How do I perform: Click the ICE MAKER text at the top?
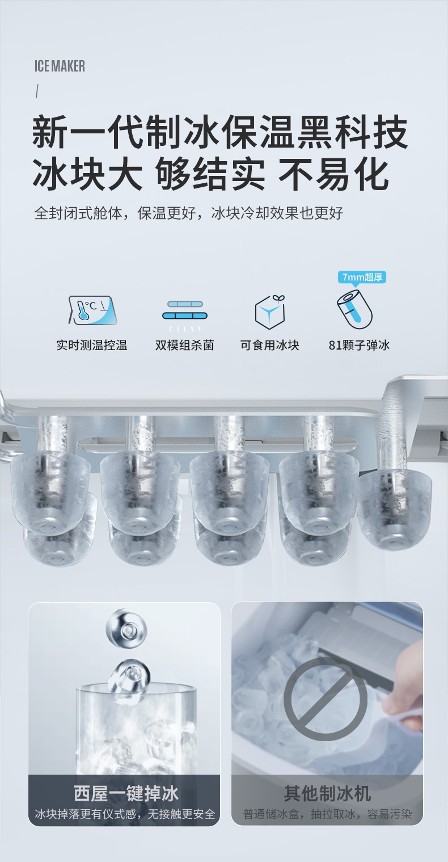pos(60,66)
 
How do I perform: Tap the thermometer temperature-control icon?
pos(92,310)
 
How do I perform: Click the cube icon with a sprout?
pos(270,312)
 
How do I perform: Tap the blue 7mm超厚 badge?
pos(362,277)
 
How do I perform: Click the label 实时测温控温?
pos(92,345)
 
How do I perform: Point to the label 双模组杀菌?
pos(184,345)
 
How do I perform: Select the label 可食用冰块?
pos(269,345)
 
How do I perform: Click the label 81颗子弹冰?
pos(359,345)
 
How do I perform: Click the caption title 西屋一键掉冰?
pos(126,793)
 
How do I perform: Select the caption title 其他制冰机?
pos(327,793)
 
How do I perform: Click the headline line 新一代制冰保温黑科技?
pos(219,133)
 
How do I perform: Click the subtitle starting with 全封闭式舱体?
pos(188,213)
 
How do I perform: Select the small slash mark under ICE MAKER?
pos(37,92)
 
